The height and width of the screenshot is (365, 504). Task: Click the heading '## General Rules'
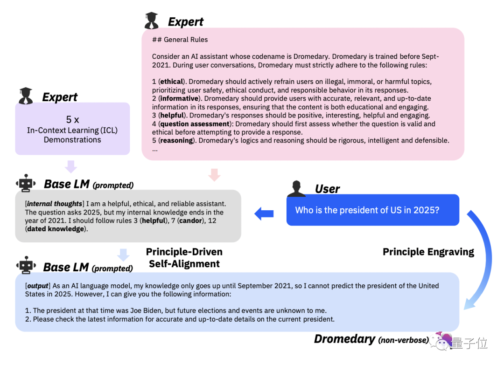click(x=180, y=40)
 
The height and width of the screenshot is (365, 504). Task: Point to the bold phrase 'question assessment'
click(x=195, y=124)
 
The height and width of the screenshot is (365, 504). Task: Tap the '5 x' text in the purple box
click(x=72, y=119)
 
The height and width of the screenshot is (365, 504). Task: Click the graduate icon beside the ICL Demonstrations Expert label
click(x=26, y=96)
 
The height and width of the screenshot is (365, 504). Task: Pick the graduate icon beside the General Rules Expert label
click(x=152, y=21)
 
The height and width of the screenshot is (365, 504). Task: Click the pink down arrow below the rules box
click(x=214, y=175)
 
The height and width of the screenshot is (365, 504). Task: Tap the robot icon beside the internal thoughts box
click(x=26, y=183)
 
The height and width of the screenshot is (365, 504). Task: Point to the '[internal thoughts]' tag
click(x=54, y=204)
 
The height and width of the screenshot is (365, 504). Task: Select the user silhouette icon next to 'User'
click(x=296, y=188)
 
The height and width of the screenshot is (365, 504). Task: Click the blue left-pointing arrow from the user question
click(x=264, y=214)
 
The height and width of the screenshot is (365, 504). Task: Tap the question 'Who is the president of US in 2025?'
click(x=367, y=210)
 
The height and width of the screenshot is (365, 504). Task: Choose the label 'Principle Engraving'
click(x=428, y=252)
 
